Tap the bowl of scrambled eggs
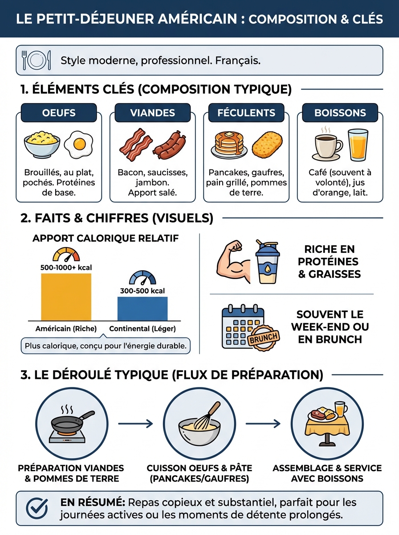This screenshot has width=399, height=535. (42, 144)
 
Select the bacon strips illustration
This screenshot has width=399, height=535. (135, 145)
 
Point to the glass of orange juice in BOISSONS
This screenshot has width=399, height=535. (358, 145)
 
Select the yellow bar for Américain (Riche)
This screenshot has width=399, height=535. (66, 297)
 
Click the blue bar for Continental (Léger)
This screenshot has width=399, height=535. (142, 309)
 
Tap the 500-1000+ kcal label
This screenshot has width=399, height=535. (66, 268)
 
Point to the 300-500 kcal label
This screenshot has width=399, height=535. (142, 291)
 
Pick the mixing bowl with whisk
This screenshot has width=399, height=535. (199, 424)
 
